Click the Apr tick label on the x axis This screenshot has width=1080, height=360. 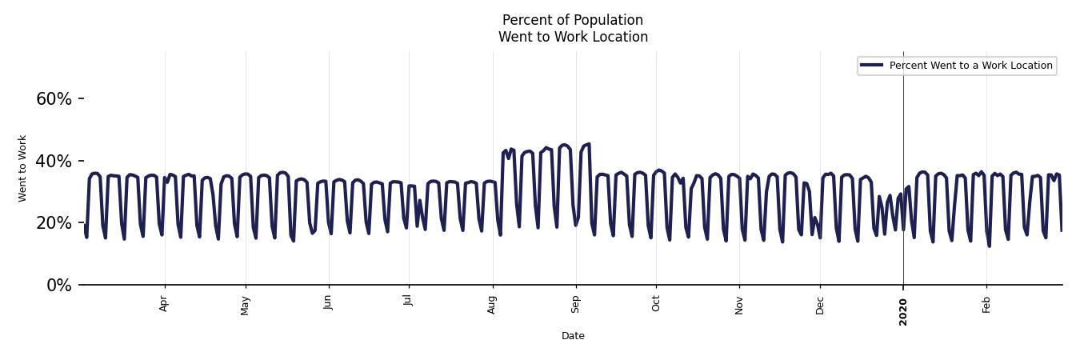164,304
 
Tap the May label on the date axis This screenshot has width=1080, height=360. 246,306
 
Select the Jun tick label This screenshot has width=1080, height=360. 328,304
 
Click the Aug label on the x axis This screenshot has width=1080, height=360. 492,305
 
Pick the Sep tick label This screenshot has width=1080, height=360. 575,304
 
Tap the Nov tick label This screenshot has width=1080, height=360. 739,305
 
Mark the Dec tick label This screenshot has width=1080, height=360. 820,304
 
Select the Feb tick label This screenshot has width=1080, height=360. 986,304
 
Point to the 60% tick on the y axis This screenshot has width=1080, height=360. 54,99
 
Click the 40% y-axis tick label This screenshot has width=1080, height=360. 54,162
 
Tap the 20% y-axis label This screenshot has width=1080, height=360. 54,223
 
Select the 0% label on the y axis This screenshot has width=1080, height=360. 59,286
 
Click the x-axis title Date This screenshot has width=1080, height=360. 573,336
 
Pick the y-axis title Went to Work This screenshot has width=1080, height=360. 22,168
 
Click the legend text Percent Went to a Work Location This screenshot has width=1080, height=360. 970,66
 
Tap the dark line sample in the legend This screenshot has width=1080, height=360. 872,66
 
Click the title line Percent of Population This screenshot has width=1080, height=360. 573,20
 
